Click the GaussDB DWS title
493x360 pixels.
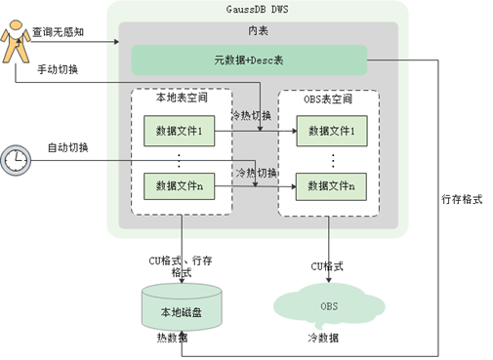click(x=257, y=9)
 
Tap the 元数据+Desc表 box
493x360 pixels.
click(x=249, y=60)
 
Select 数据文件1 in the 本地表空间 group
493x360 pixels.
click(x=180, y=131)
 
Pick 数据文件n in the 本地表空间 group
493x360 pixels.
click(x=180, y=186)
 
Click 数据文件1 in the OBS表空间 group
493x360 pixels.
click(x=332, y=131)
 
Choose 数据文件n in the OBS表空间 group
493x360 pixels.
click(x=331, y=186)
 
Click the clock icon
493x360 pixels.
click(x=16, y=160)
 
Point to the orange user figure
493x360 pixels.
click(x=16, y=42)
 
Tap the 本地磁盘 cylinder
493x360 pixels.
click(x=182, y=307)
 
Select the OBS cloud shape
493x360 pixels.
click(x=329, y=305)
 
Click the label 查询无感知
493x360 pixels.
click(x=58, y=32)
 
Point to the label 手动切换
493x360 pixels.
click(x=58, y=69)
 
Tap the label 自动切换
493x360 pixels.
click(x=68, y=147)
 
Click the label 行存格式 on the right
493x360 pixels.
click(x=462, y=199)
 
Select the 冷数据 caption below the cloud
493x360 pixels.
click(x=323, y=338)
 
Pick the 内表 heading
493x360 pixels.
click(x=258, y=30)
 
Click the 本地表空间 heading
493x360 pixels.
click(x=182, y=98)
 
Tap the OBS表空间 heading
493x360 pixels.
click(x=328, y=99)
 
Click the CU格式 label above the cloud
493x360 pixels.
click(x=327, y=266)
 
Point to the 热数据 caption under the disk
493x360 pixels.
click(x=172, y=338)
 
